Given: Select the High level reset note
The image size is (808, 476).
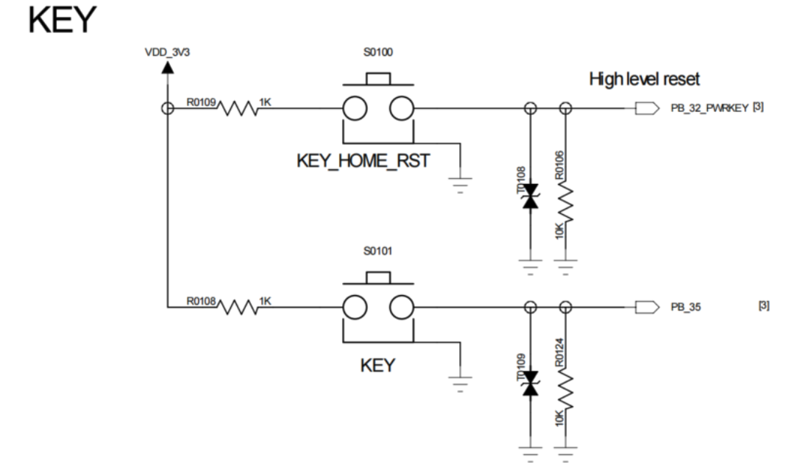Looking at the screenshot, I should coord(644,79).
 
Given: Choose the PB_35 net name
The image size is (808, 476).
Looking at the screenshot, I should coord(686,306).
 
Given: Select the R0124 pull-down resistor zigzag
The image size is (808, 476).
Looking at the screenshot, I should coord(566,391).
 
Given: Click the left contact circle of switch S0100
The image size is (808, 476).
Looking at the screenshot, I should coord(355,109).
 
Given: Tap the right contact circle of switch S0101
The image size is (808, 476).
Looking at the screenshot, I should coord(403,306).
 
